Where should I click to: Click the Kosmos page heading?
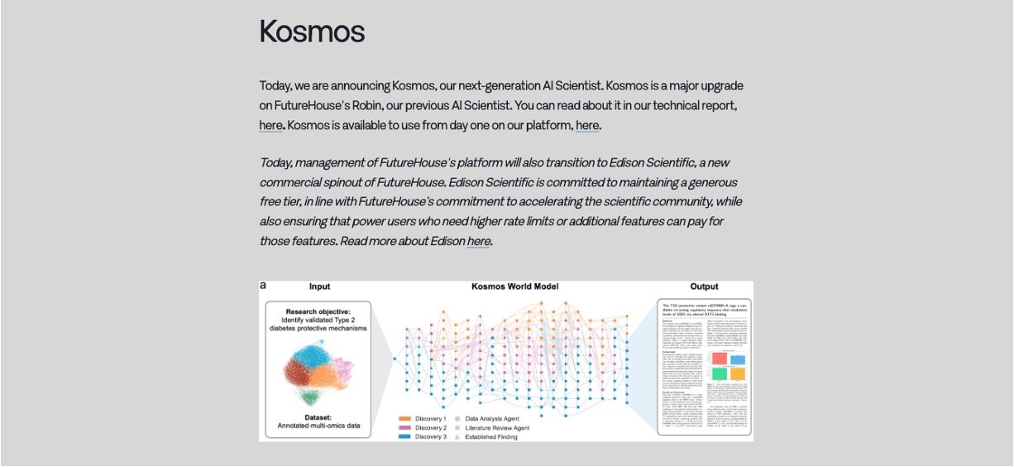[312, 31]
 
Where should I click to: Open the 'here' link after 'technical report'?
[271, 126]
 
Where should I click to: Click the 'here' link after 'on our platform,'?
[587, 126]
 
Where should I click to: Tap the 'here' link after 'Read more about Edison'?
[479, 242]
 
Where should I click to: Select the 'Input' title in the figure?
[319, 287]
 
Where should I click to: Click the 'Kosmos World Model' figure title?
[514, 287]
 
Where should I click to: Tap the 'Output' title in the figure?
[703, 287]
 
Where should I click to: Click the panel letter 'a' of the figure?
[263, 286]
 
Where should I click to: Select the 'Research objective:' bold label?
[319, 311]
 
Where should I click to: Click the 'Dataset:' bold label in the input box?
[319, 417]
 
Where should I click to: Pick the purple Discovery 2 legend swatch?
[405, 428]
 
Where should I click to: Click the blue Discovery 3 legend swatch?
[405, 437]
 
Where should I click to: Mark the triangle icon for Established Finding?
[457, 437]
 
